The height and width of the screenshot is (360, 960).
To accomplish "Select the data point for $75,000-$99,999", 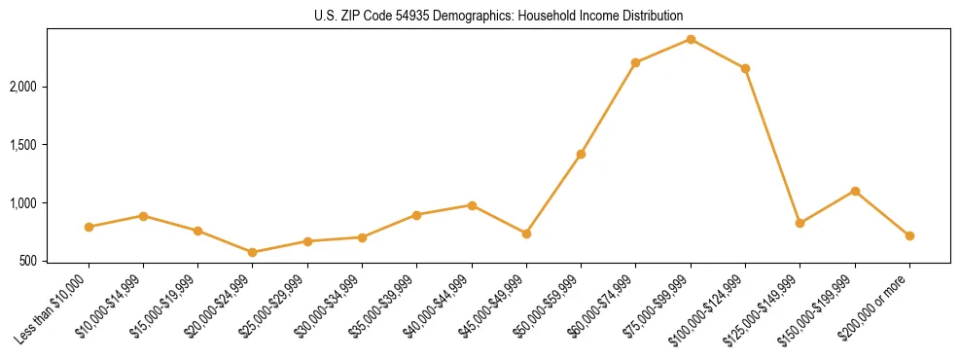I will point(691,39).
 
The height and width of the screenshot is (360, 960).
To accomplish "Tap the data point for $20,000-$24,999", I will point(253,252).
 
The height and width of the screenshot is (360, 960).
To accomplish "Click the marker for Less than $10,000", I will point(89,227).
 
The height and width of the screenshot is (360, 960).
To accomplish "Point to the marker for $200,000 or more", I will point(909,235).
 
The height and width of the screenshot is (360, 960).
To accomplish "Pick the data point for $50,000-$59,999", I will point(581,154).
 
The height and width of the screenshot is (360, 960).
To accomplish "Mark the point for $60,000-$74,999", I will point(635,62).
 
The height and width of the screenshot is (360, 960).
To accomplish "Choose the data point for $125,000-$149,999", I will point(800,223).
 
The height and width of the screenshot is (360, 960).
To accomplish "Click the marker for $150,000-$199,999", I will point(855,191).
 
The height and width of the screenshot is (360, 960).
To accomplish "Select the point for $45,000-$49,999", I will point(526,234).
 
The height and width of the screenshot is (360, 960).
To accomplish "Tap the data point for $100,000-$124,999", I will point(745,68).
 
